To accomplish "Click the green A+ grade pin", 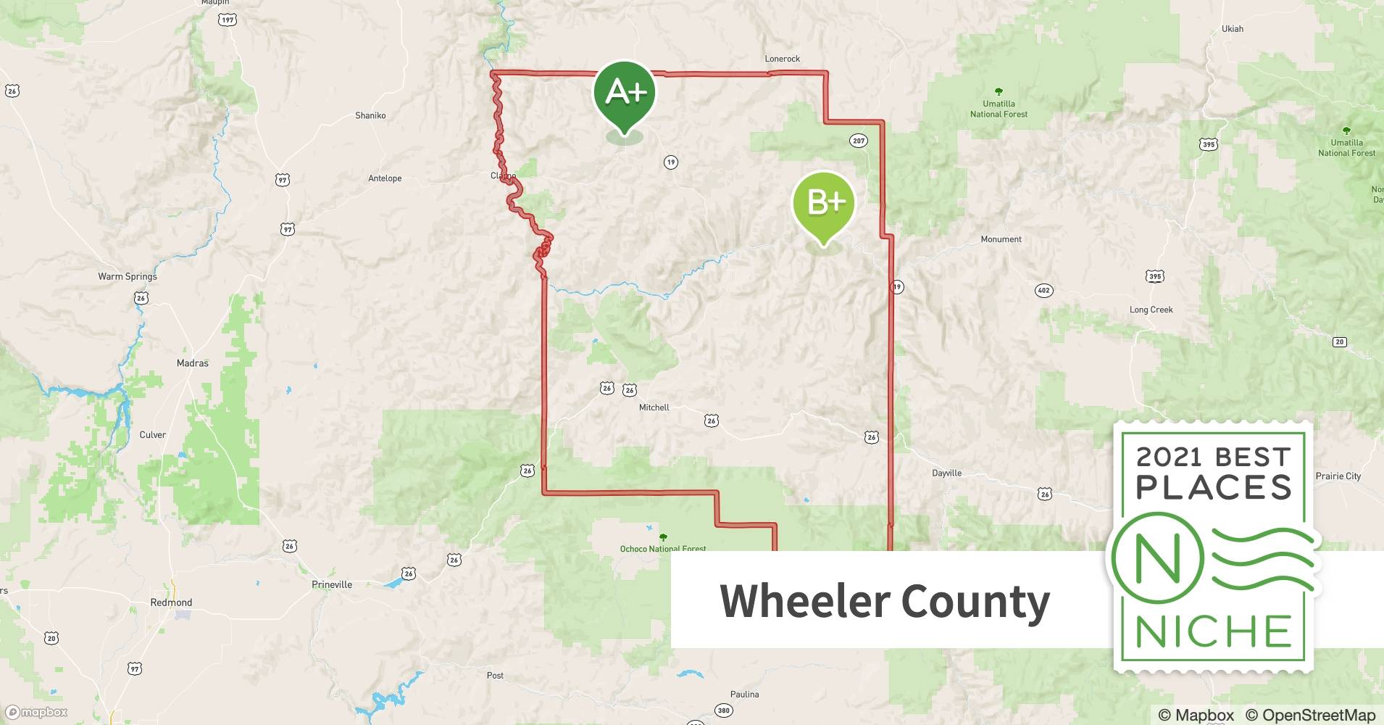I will tap(625, 93).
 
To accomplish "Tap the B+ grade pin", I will tap(824, 202).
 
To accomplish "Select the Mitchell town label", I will tap(654, 407).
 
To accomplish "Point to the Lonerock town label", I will tap(783, 59).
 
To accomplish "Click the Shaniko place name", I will tap(370, 115).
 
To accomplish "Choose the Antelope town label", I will tap(385, 178).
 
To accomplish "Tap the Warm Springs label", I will tap(128, 276).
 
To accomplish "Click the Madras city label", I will tap(193, 363).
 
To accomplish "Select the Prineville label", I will tap(332, 584).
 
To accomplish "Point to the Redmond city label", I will tap(171, 602).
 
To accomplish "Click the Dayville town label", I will tap(946, 473).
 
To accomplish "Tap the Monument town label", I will tap(1001, 239).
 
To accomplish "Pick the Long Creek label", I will tap(1151, 310).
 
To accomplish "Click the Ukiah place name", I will tap(1232, 29).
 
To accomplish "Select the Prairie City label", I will tap(1338, 476).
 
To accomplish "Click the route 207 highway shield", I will tap(859, 141).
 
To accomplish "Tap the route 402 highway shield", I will tap(1043, 291).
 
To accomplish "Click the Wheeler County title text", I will tap(884, 601).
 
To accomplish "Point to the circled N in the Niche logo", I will tap(1157, 558).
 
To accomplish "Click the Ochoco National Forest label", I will tap(662, 548).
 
